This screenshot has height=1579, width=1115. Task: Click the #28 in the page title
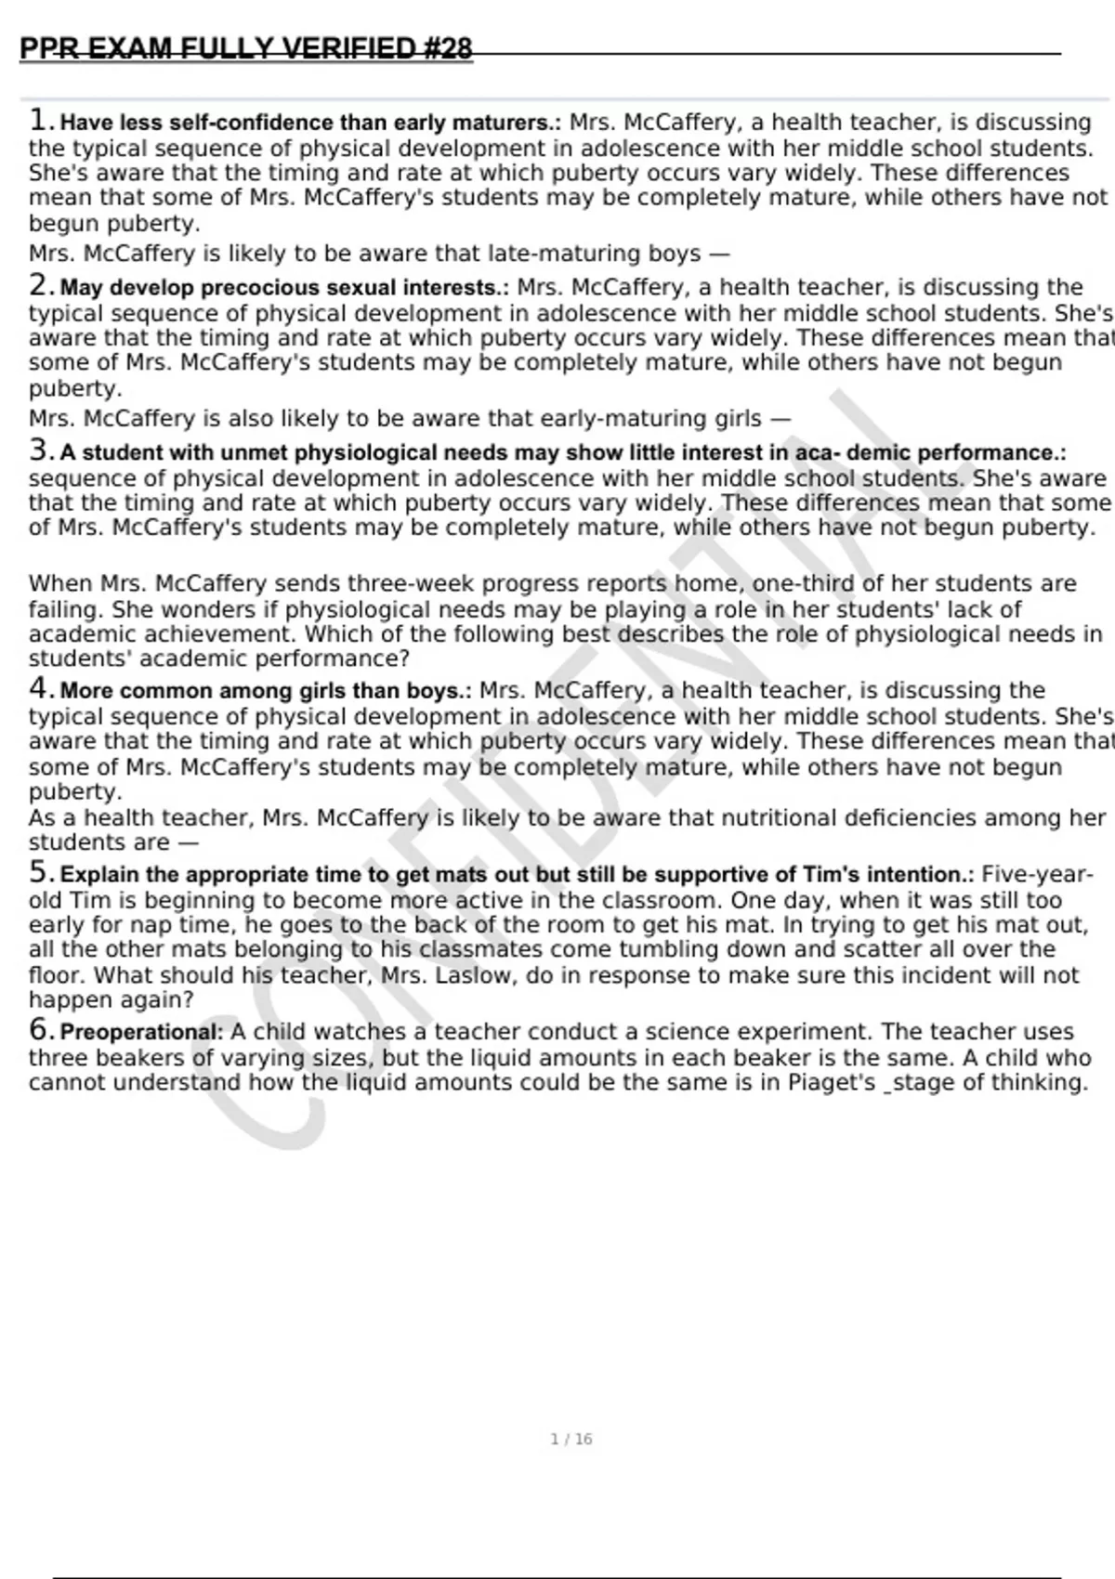click(448, 48)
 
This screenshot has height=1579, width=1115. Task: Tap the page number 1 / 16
click(571, 1439)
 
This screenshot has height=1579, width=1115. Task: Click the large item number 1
click(38, 120)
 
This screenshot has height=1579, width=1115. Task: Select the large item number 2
click(38, 285)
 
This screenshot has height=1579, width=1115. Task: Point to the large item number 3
click(38, 450)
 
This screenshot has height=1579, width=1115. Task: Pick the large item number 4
click(38, 688)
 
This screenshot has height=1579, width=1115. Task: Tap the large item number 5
click(38, 872)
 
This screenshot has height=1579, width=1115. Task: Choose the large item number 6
click(38, 1029)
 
